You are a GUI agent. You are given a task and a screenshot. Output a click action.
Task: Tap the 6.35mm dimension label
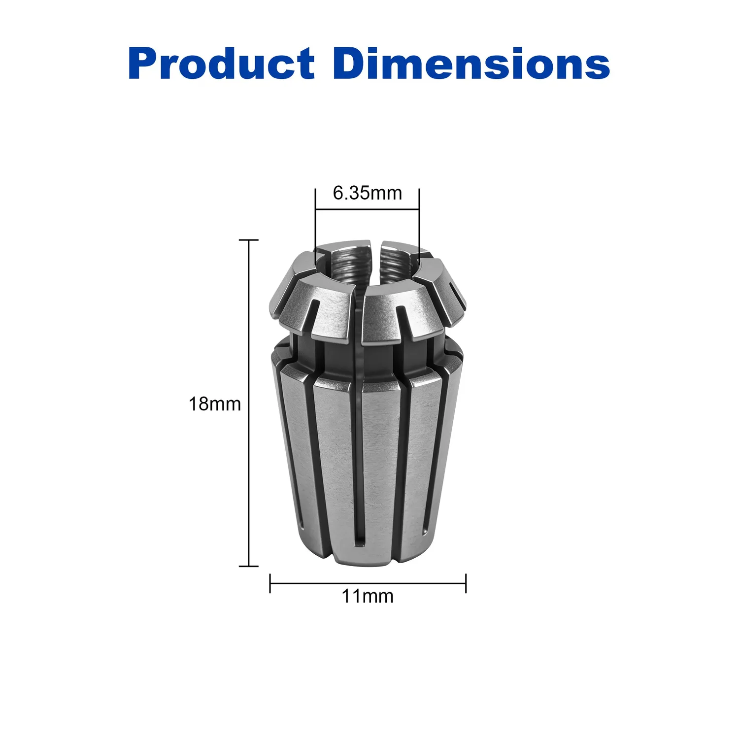coord(368,193)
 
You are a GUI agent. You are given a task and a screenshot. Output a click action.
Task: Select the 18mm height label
coord(215,404)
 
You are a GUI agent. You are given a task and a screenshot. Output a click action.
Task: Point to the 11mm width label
coord(368,596)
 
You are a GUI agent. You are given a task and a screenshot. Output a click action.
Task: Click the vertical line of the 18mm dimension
coord(249,403)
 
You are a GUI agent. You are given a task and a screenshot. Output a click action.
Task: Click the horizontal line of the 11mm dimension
coord(368,584)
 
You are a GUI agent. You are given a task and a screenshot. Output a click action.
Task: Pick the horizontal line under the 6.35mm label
coord(368,210)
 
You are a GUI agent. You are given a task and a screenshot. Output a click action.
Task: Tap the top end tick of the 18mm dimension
coord(249,240)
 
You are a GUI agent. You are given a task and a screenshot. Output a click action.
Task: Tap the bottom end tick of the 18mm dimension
coord(249,566)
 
